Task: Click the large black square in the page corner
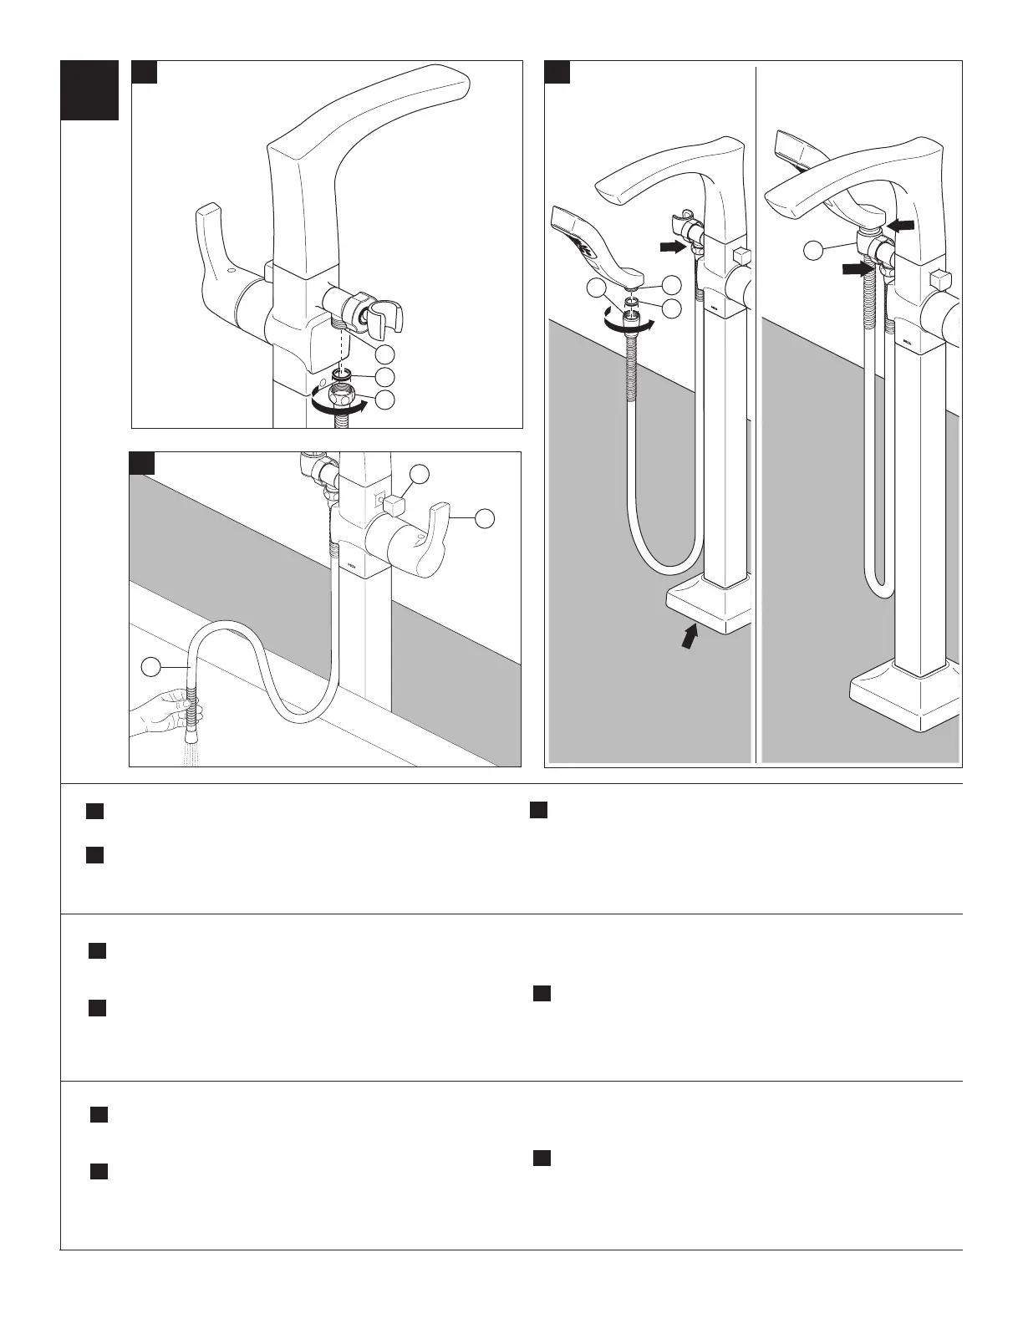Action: [x=89, y=90]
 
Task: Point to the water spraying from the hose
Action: [x=191, y=753]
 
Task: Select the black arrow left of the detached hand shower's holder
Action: [x=672, y=247]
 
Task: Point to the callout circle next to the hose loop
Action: [x=150, y=666]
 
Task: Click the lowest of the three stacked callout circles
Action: [x=384, y=400]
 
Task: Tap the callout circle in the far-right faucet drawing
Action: [x=816, y=249]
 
